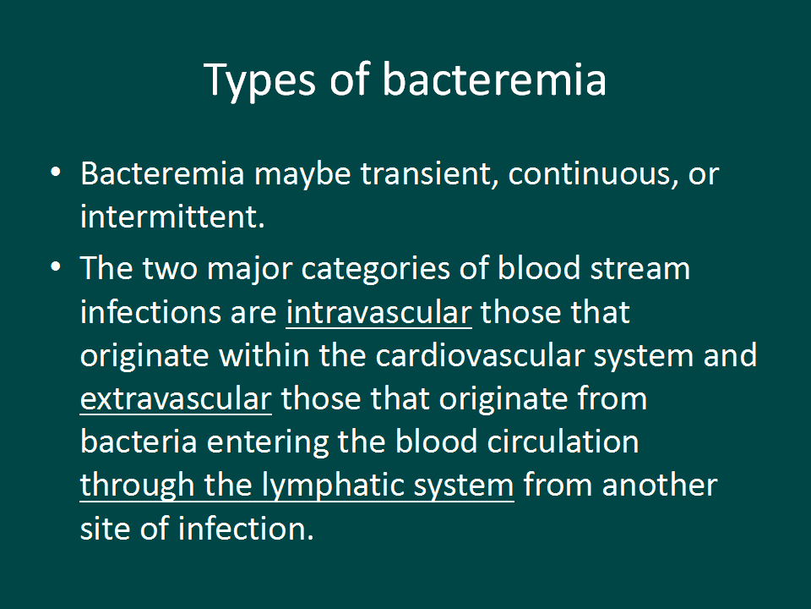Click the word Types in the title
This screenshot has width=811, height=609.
(x=259, y=81)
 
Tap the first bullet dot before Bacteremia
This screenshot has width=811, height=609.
(x=56, y=172)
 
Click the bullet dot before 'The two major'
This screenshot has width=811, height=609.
(x=56, y=267)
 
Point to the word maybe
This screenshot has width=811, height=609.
(x=303, y=174)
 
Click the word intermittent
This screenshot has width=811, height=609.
(x=172, y=217)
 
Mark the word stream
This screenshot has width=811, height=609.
(x=640, y=269)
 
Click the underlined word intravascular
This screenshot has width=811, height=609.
(x=379, y=313)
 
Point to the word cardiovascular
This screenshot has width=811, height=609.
(x=480, y=356)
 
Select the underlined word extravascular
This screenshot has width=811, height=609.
(x=176, y=400)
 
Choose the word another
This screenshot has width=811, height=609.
(x=660, y=486)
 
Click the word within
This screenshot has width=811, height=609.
(x=264, y=356)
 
